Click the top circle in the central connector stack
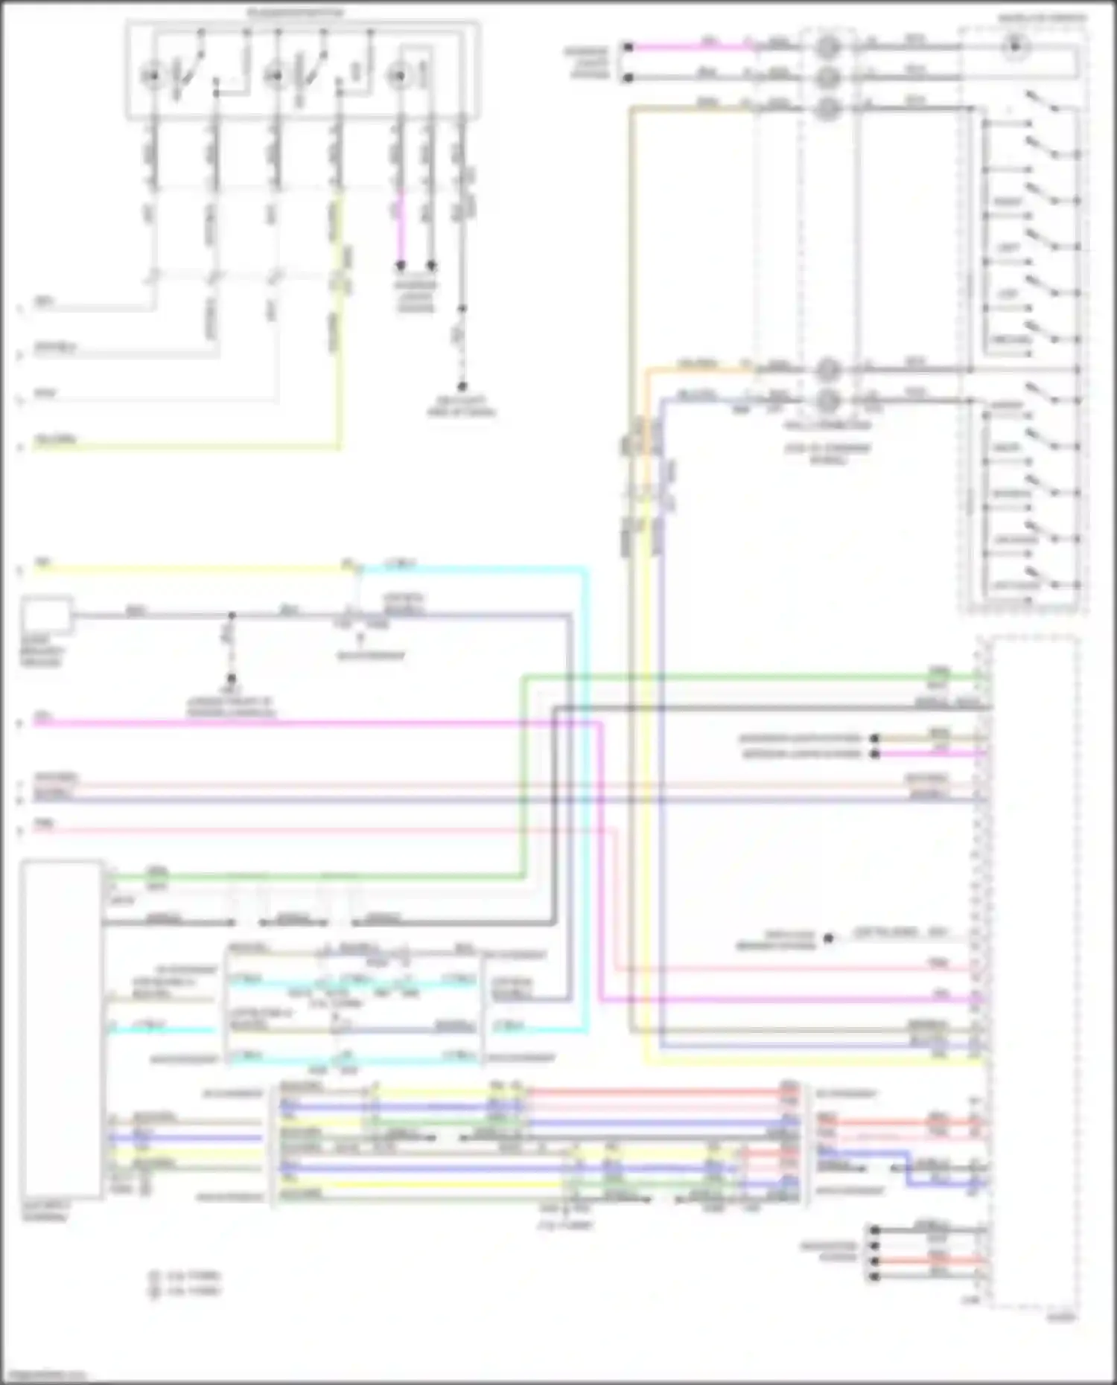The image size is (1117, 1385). (827, 48)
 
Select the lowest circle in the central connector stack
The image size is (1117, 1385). (827, 401)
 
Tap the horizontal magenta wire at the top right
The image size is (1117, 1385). (693, 47)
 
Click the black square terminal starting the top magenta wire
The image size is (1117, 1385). (628, 47)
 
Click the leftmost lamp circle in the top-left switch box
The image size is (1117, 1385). (152, 75)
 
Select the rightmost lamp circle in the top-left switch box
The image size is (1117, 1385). (399, 75)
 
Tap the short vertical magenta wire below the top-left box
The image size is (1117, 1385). (401, 223)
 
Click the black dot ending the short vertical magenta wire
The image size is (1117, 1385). (401, 265)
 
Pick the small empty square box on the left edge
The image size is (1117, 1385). (47, 615)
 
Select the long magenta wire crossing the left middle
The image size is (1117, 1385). (298, 722)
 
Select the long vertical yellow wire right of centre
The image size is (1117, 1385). (645, 744)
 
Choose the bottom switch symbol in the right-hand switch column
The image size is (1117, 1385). (1043, 578)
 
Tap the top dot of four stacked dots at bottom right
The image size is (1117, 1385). (874, 1229)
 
